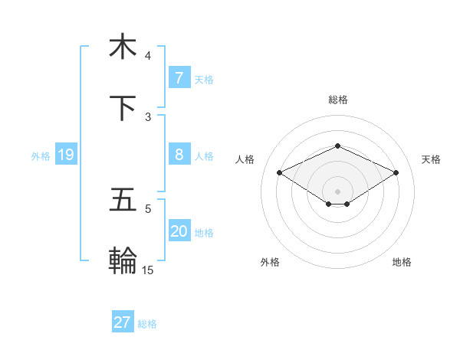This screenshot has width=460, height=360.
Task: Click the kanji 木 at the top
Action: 123,47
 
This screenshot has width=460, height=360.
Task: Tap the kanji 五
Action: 123,201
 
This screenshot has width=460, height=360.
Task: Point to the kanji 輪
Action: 123,261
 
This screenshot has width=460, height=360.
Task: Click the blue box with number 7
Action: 179,78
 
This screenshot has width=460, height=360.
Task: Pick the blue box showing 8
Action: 179,155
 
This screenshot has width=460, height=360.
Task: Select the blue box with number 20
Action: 179,231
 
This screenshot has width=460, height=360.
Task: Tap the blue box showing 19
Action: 65,155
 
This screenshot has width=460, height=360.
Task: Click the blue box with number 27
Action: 122,322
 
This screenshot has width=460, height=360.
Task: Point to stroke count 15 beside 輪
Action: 148,270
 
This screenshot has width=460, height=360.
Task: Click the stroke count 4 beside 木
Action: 148,55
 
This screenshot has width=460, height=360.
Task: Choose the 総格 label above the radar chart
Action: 337,100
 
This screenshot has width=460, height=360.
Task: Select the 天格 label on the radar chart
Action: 431,159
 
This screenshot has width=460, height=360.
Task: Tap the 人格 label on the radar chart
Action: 245,159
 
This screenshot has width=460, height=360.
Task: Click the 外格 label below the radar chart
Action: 270,262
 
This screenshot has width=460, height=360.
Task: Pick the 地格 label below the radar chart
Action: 402,262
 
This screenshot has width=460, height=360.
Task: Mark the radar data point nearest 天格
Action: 396,173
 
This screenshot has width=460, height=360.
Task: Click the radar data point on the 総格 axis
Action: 337,146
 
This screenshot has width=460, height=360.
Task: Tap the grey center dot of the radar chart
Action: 337,191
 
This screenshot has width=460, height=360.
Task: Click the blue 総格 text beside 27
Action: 147,323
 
